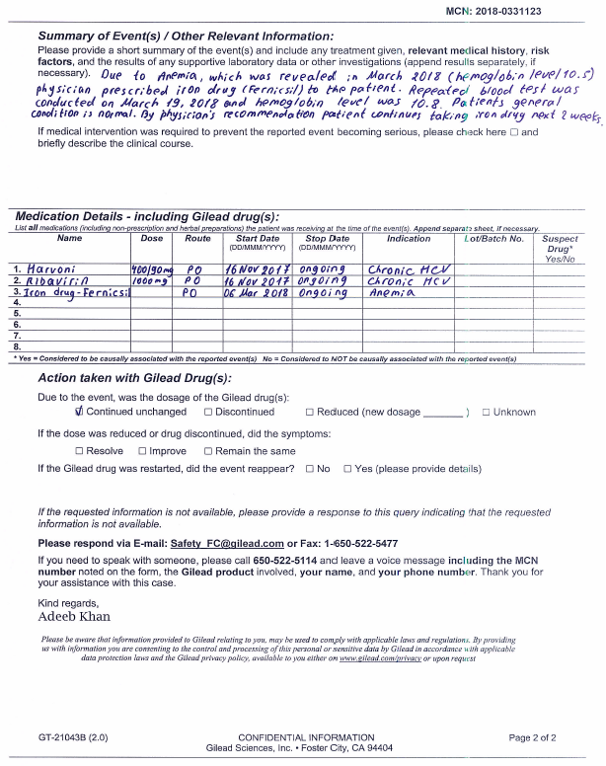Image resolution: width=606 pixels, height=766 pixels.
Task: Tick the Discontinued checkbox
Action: coord(208,412)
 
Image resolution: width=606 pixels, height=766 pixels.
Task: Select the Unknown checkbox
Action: coord(486,412)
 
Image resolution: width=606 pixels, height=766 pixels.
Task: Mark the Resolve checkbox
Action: coord(79,451)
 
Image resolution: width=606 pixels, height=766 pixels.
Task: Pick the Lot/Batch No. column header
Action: coord(493,239)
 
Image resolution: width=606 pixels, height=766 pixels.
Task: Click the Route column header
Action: coord(197,239)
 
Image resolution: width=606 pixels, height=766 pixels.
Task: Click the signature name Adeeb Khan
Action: coord(74,616)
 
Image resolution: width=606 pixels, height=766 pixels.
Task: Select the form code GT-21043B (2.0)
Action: coord(73,736)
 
